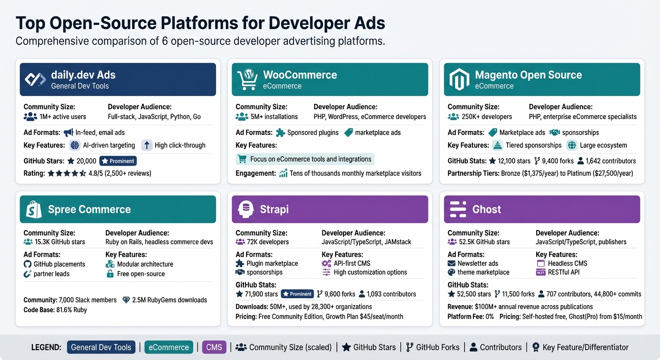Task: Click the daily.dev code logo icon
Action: click(35, 80)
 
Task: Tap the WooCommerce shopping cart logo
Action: click(247, 80)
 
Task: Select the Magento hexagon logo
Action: click(459, 80)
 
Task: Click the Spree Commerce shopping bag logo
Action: click(34, 210)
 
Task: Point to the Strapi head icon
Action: click(246, 210)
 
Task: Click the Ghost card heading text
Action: click(487, 210)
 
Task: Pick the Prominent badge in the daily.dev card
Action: click(118, 161)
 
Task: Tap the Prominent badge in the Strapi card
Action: click(297, 294)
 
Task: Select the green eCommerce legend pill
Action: click(169, 347)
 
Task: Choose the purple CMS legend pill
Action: click(214, 347)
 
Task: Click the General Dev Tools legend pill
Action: click(101, 347)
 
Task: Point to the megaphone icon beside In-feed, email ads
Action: click(68, 133)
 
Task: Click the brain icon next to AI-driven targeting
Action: click(75, 145)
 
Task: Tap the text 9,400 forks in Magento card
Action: click(557, 161)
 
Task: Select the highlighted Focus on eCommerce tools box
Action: click(305, 159)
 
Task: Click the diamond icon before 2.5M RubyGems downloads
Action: click(126, 300)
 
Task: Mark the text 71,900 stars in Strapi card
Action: click(261, 294)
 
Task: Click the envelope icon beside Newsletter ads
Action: click(452, 263)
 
